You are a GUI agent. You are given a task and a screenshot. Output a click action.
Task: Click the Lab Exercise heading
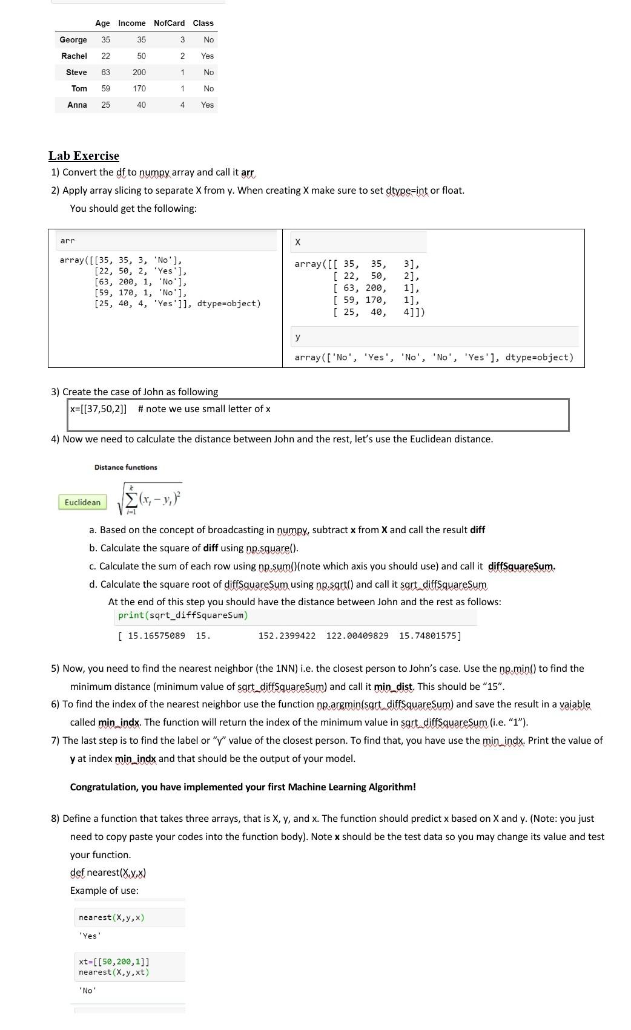pyautogui.click(x=84, y=156)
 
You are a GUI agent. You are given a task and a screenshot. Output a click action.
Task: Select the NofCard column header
pyautogui.click(x=169, y=23)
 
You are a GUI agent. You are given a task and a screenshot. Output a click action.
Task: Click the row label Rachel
pyautogui.click(x=74, y=56)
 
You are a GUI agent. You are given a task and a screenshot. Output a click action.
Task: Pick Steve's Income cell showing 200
pyautogui.click(x=139, y=72)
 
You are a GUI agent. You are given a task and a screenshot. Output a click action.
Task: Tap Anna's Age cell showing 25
pyautogui.click(x=105, y=105)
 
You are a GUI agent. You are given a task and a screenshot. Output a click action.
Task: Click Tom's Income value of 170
pyautogui.click(x=139, y=88)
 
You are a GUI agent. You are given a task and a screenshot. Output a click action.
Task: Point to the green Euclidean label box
pyautogui.click(x=82, y=502)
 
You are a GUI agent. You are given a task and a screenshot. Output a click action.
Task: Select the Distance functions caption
pyautogui.click(x=125, y=467)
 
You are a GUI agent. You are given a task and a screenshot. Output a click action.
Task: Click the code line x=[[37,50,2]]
pyautogui.click(x=99, y=409)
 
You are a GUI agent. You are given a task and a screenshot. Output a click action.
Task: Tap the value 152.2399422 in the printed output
pyautogui.click(x=286, y=635)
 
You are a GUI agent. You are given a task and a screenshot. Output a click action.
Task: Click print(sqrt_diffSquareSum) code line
pyautogui.click(x=183, y=615)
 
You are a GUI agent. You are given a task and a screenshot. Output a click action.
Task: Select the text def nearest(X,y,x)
pyautogui.click(x=108, y=872)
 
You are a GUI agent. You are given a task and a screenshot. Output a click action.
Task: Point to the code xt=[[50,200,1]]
pyautogui.click(x=114, y=962)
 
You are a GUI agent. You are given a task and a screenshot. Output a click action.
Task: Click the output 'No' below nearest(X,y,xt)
pyautogui.click(x=87, y=991)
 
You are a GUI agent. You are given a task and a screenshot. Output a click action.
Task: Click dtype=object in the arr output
pyautogui.click(x=229, y=303)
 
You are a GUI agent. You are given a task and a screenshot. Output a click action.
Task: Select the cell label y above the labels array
pyautogui.click(x=297, y=336)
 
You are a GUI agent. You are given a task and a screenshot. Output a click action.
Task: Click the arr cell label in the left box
pyautogui.click(x=67, y=241)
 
